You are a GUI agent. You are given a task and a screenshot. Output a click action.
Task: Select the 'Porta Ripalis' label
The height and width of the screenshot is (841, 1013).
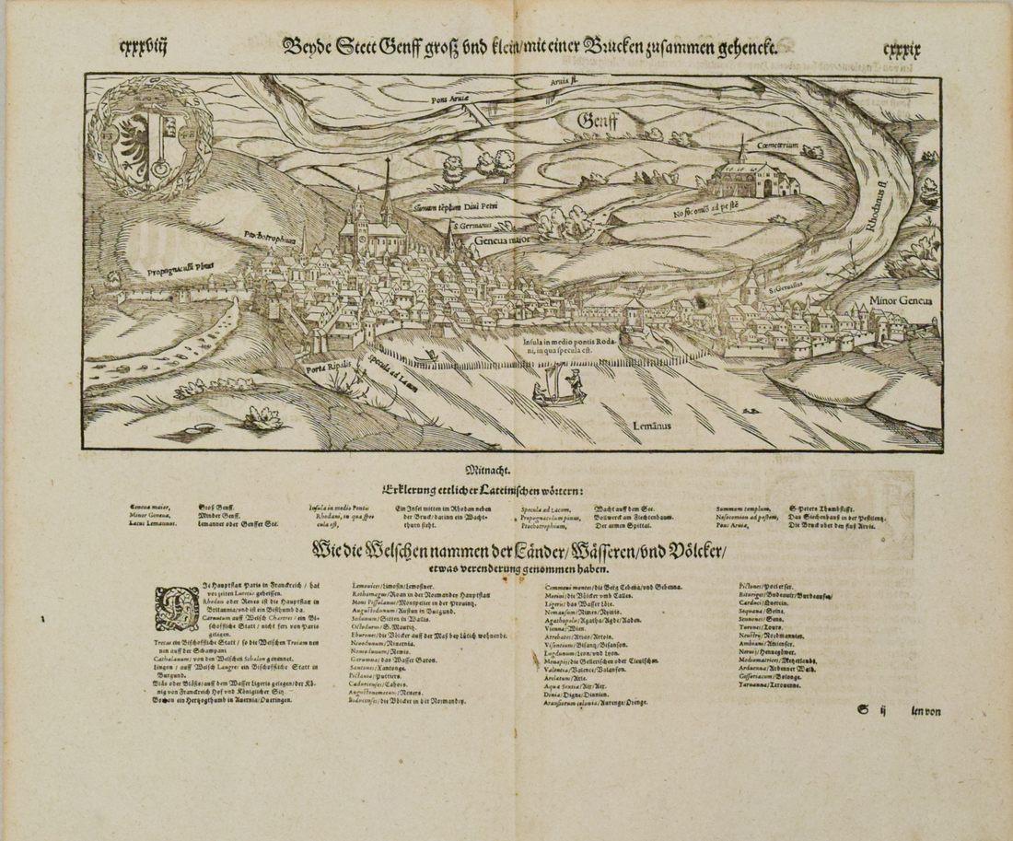click(x=329, y=368)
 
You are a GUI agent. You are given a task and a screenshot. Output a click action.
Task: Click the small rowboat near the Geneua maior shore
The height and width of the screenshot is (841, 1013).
click(x=425, y=356)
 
